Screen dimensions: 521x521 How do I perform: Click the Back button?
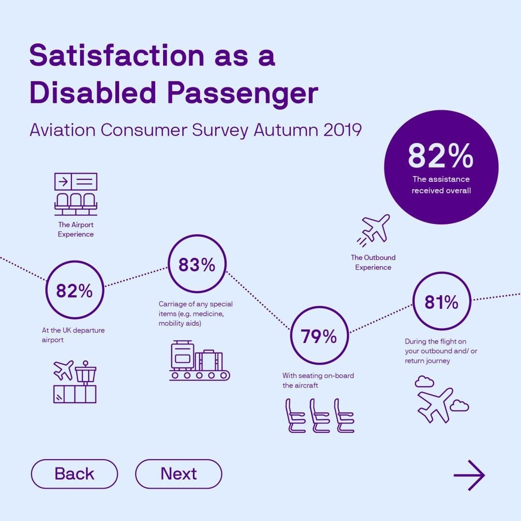coord(74,474)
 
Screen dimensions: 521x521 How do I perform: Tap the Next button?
coord(178,474)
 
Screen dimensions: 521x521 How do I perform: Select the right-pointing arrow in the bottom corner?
coord(469,475)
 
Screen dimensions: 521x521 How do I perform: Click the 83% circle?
coord(197,265)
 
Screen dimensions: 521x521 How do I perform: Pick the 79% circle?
coord(319,337)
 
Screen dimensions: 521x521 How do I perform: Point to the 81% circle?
coord(441,302)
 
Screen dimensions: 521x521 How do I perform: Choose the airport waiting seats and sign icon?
coord(76,194)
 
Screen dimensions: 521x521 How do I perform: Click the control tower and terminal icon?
coord(75,381)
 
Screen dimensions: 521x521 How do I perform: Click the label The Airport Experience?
coord(76,230)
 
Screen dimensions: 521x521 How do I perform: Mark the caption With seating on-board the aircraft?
coord(318,380)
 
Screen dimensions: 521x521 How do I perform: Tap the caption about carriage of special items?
coord(195,314)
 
